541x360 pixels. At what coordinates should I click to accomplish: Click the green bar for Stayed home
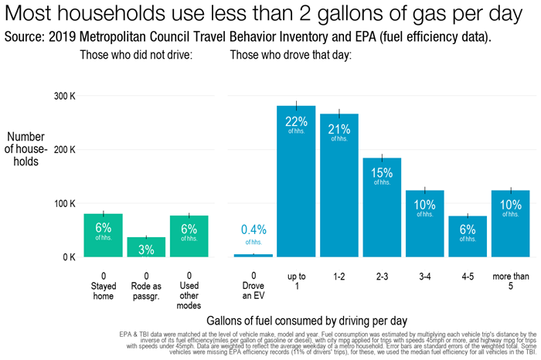click(x=103, y=236)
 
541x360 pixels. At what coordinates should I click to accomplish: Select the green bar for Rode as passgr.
click(x=146, y=247)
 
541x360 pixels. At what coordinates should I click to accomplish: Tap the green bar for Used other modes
click(x=189, y=236)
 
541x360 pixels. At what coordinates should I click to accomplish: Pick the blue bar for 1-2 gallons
click(x=339, y=185)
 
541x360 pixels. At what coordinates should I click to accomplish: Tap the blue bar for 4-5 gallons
click(x=468, y=236)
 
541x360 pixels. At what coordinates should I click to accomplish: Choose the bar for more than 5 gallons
click(x=510, y=223)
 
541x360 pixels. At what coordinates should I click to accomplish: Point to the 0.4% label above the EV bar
click(x=253, y=229)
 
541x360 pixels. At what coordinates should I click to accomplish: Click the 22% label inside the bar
click(x=296, y=121)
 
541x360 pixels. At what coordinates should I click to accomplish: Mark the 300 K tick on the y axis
click(x=63, y=96)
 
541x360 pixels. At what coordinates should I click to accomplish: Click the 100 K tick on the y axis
click(x=63, y=203)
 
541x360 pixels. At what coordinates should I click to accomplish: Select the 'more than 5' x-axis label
click(x=510, y=282)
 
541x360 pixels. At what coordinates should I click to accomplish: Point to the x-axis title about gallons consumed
click(x=307, y=320)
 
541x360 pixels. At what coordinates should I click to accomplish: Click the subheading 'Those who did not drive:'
click(x=136, y=55)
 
